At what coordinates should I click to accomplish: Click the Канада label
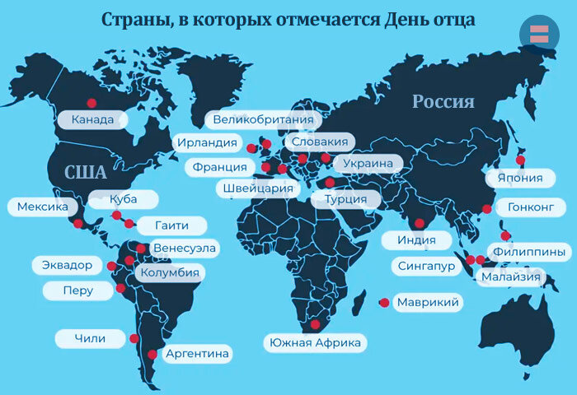pos(93,120)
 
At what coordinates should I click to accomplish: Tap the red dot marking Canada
pos(91,104)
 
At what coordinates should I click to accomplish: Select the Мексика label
pos(42,207)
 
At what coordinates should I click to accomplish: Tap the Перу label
pos(77,290)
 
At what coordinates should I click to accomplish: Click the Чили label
pos(90,338)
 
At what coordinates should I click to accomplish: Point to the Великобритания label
pos(262,120)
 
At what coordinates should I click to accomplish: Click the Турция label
pos(345,199)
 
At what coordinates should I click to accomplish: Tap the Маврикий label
pos(427,303)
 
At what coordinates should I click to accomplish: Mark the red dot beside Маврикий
pos(384,303)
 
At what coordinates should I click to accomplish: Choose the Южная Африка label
pos(315,342)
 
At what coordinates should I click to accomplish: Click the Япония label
pos(519,178)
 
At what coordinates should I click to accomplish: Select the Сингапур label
pos(426,267)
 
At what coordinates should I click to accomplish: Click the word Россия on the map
pos(443,102)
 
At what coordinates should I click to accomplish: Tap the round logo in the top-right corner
pos(539,34)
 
